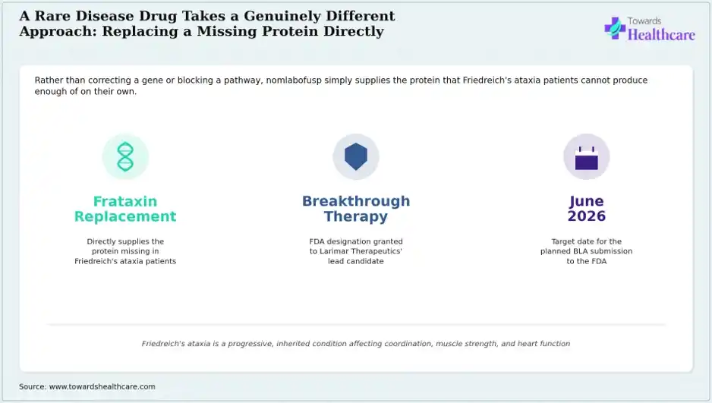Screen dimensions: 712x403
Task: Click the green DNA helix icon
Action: click(x=125, y=156)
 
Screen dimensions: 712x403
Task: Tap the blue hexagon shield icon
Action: click(x=356, y=156)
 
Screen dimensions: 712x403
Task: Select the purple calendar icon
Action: click(x=586, y=157)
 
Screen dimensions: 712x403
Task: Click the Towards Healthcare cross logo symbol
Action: click(x=615, y=28)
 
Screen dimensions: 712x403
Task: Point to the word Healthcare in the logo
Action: click(x=661, y=34)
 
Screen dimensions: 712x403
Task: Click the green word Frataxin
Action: click(x=125, y=201)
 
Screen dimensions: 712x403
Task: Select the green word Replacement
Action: click(x=125, y=216)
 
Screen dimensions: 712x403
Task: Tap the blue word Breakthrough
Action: click(x=356, y=201)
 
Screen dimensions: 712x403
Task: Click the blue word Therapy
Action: click(x=356, y=216)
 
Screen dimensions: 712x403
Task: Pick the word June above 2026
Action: click(x=586, y=201)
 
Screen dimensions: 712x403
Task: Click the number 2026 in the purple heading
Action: click(x=586, y=216)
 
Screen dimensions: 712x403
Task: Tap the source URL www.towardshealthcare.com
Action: click(x=102, y=386)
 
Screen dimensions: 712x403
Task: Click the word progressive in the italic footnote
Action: click(x=249, y=344)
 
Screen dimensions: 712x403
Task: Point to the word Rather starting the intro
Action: click(x=48, y=80)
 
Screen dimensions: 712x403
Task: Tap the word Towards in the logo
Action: click(x=644, y=21)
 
